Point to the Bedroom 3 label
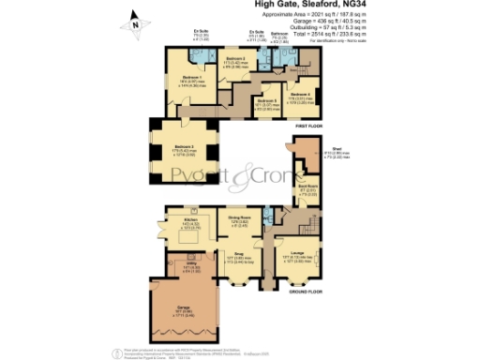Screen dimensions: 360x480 click(x=184, y=146)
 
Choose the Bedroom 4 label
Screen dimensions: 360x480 click(x=300, y=95)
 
